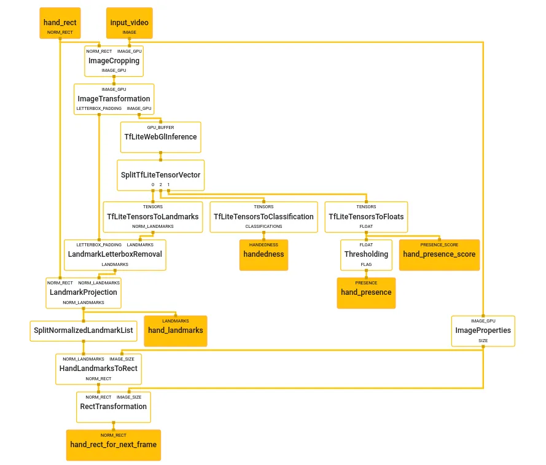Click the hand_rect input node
pyautogui.click(x=60, y=23)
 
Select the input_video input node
pyautogui.click(x=129, y=23)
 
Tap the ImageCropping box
pyautogui.click(x=114, y=61)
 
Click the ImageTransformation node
pyautogui.click(x=114, y=98)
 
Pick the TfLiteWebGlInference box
pyautogui.click(x=160, y=136)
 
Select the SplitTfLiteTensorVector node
pyautogui.click(x=160, y=174)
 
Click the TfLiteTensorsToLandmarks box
pyautogui.click(x=153, y=217)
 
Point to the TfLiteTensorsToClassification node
pyautogui.click(x=263, y=217)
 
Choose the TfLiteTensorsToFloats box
pyautogui.click(x=366, y=217)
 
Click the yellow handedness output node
pyautogui.click(x=263, y=254)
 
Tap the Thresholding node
pyautogui.click(x=366, y=254)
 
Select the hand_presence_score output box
pyautogui.click(x=439, y=254)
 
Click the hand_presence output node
pyautogui.click(x=366, y=292)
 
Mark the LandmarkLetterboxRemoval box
pyautogui.click(x=115, y=254)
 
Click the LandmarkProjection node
pyautogui.click(x=84, y=292)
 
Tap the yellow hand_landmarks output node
pyautogui.click(x=175, y=330)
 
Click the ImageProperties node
pyautogui.click(x=483, y=330)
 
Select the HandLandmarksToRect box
pyautogui.click(x=98, y=368)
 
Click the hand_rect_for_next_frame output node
pyautogui.click(x=114, y=445)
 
